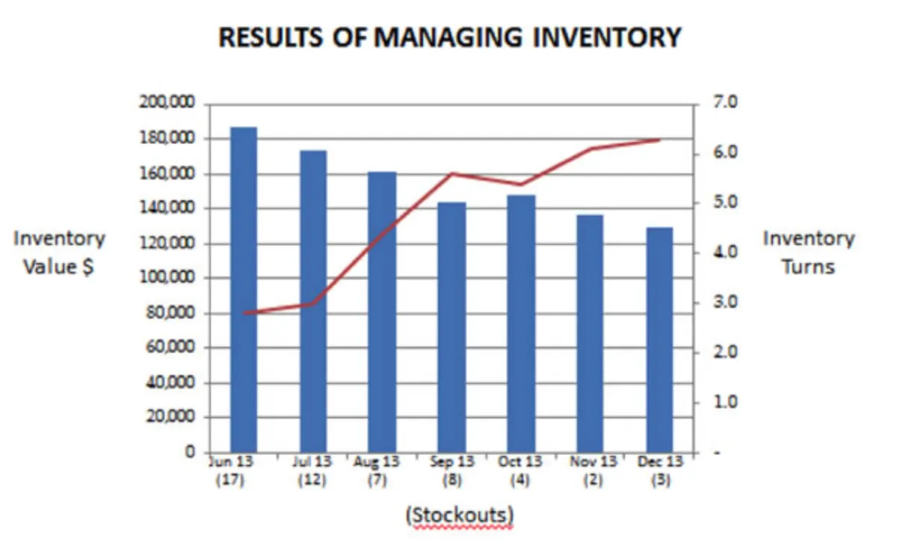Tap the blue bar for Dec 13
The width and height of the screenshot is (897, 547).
(659, 340)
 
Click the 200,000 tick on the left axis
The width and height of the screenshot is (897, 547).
(167, 103)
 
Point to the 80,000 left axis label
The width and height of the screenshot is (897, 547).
(170, 313)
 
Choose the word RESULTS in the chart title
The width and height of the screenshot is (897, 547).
(272, 37)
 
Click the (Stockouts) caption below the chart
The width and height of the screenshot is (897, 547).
(459, 516)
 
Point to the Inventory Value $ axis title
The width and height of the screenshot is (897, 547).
(59, 253)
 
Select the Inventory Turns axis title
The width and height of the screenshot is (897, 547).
(808, 253)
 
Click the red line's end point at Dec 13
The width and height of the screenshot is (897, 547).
(659, 140)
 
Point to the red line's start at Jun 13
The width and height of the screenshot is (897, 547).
(244, 312)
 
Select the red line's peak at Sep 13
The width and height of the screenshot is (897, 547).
(451, 174)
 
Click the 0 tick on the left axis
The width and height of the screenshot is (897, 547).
(190, 452)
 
